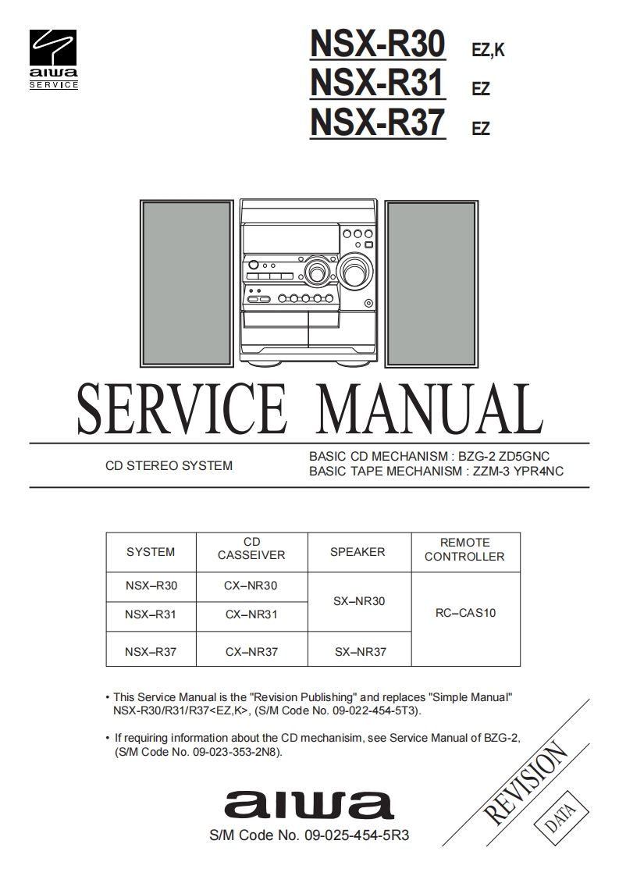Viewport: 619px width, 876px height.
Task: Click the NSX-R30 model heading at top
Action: [378, 44]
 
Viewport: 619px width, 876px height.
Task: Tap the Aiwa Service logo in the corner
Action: [54, 60]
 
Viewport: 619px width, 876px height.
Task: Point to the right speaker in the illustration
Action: [430, 283]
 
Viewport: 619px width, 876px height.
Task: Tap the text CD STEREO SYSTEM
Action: [169, 466]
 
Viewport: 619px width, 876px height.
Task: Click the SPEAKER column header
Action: [358, 552]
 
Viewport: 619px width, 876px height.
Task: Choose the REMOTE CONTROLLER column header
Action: [464, 550]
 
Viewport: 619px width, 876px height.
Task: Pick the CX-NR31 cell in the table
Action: [251, 614]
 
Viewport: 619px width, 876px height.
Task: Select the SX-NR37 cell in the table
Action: [360, 652]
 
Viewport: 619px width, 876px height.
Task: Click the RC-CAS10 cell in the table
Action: [465, 613]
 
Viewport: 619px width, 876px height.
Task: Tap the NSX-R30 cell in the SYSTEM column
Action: [151, 586]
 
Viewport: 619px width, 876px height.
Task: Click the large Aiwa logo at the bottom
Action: [309, 805]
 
